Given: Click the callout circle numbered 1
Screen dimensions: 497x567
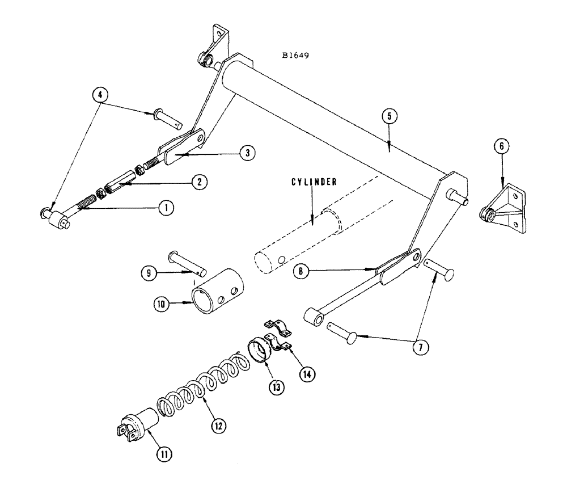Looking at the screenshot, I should (166, 208).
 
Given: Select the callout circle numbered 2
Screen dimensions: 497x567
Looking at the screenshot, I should (198, 182).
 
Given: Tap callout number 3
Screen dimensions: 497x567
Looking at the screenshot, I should (247, 153).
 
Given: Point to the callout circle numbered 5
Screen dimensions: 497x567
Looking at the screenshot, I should (389, 116).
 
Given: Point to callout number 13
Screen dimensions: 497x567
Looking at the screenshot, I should (276, 386).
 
